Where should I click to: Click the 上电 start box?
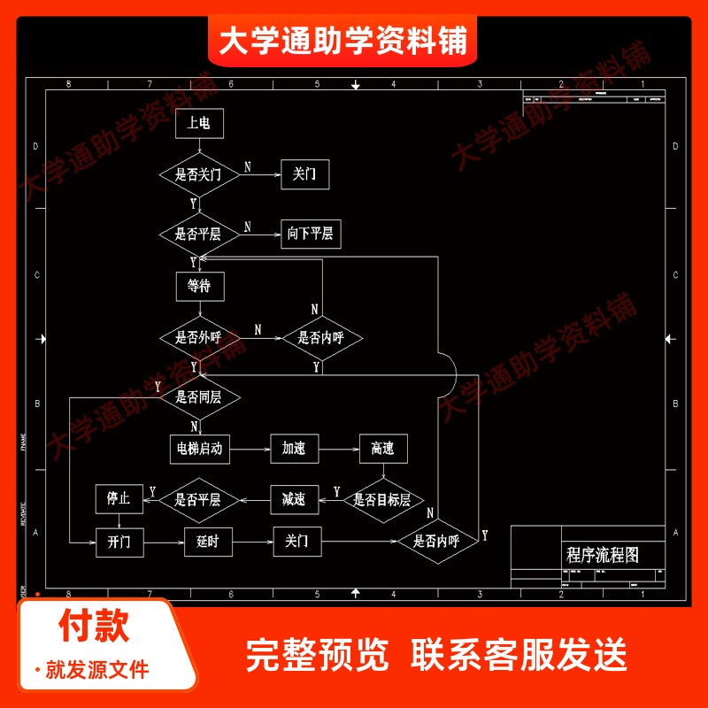pyautogui.click(x=199, y=124)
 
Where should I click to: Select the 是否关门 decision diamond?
pyautogui.click(x=199, y=174)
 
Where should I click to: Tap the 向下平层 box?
pyautogui.click(x=311, y=234)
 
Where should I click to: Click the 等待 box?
pyautogui.click(x=199, y=286)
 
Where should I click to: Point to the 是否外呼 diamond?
pyautogui.click(x=199, y=337)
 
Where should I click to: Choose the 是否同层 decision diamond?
pyautogui.click(x=199, y=396)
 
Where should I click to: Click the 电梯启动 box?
pyautogui.click(x=199, y=449)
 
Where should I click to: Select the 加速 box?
pyautogui.click(x=294, y=449)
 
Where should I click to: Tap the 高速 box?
pyautogui.click(x=382, y=449)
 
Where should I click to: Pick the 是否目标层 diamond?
pyautogui.click(x=382, y=500)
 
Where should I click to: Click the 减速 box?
pyautogui.click(x=294, y=500)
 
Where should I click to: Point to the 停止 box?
pyautogui.click(x=119, y=499)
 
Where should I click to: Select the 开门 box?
pyautogui.click(x=119, y=542)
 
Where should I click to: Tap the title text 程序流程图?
pyautogui.click(x=603, y=555)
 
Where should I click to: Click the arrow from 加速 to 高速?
pyautogui.click(x=338, y=449)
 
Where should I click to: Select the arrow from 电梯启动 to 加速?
pyautogui.click(x=250, y=449)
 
